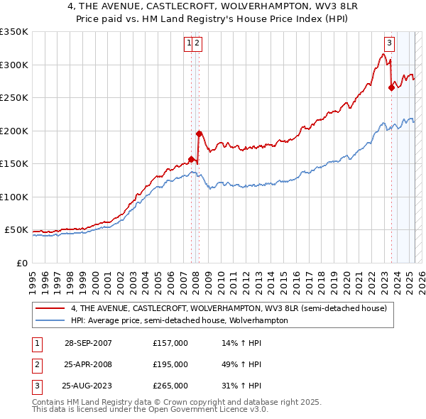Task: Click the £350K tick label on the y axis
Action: (14, 32)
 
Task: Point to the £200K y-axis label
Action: (14, 131)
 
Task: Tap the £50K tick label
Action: (17, 230)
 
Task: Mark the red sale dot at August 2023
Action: (391, 88)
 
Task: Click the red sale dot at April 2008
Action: (200, 134)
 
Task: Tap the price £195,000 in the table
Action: (170, 364)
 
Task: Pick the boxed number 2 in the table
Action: (35, 364)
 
